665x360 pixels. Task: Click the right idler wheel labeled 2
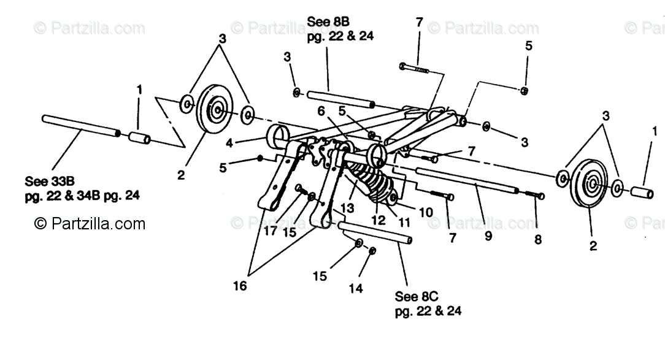589,183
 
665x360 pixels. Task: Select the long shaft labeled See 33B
80,124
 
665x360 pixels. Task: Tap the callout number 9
488,235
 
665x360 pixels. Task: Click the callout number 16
240,286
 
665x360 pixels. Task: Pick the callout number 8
538,240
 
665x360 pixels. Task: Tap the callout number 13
347,208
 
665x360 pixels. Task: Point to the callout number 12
380,218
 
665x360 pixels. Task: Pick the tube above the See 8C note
374,232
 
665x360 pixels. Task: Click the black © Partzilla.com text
90,223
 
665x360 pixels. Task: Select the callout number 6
320,111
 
